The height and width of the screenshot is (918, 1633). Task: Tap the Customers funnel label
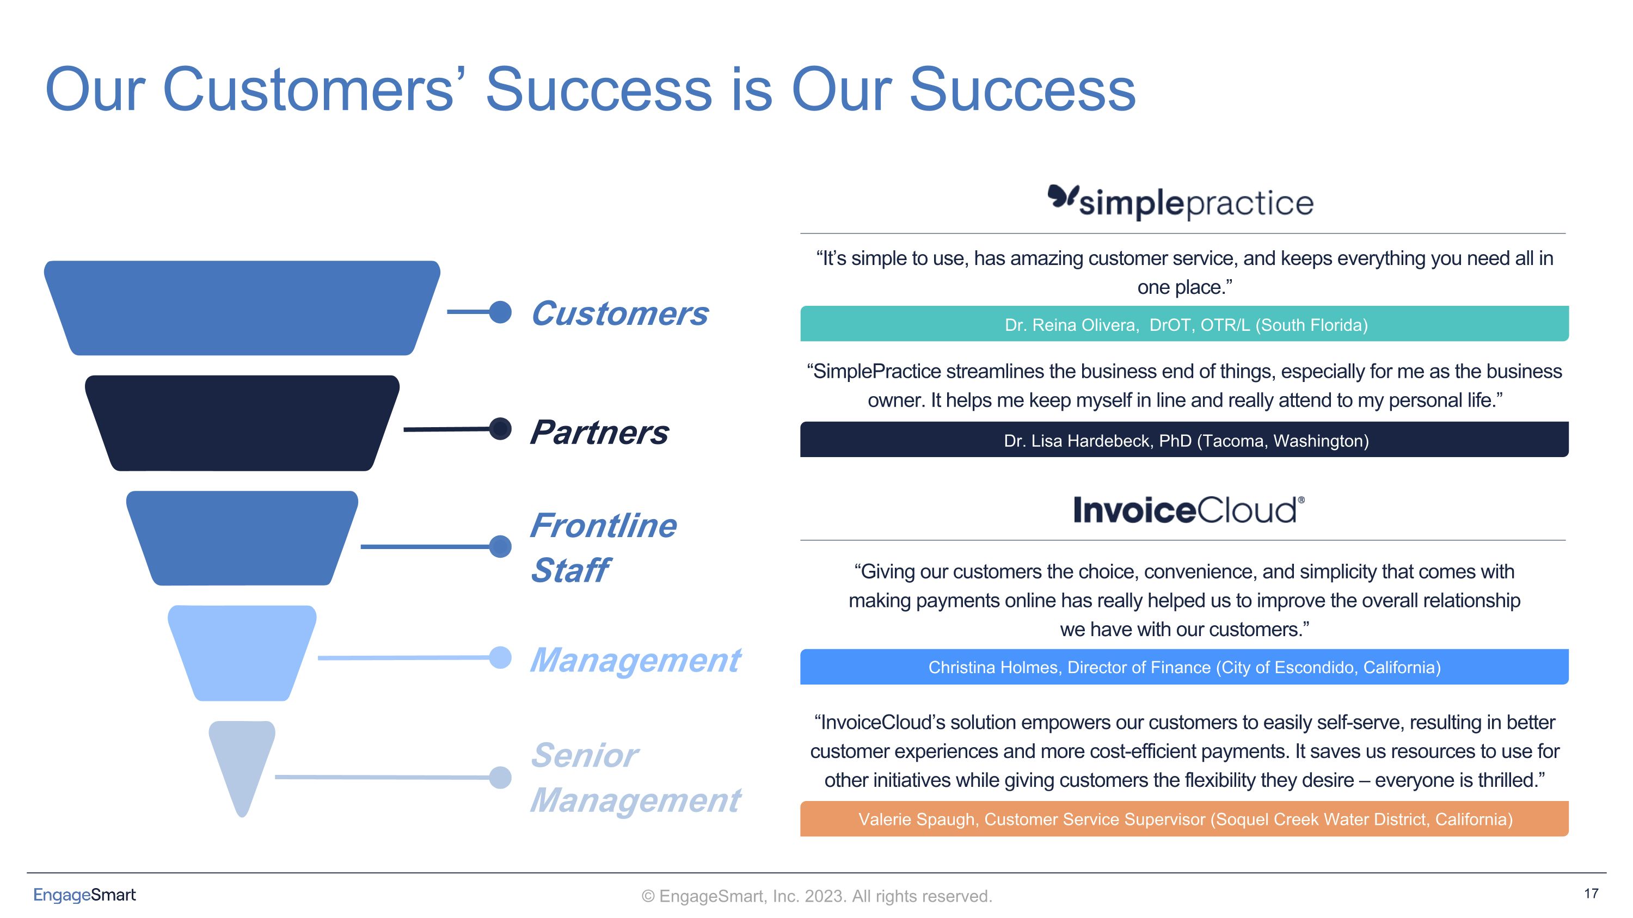point(619,313)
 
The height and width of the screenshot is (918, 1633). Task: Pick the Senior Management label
point(635,778)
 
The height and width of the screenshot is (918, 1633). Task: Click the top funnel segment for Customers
point(242,308)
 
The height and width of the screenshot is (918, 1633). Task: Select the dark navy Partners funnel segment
point(242,423)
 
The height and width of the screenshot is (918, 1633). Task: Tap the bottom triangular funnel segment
point(242,760)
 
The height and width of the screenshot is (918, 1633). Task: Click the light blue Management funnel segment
point(242,652)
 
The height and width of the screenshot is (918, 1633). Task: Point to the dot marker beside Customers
point(501,312)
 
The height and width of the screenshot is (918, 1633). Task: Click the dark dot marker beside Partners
point(501,429)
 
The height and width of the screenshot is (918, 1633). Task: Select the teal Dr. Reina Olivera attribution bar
point(1184,324)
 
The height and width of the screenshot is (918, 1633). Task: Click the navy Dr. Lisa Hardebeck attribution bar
point(1184,440)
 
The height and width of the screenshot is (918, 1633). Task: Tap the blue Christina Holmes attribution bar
point(1184,667)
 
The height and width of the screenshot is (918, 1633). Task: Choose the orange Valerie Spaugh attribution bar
point(1184,819)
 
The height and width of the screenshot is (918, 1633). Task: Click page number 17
point(1591,894)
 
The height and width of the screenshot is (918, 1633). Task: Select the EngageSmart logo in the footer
point(84,895)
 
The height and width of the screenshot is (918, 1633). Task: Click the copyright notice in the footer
point(816,896)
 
